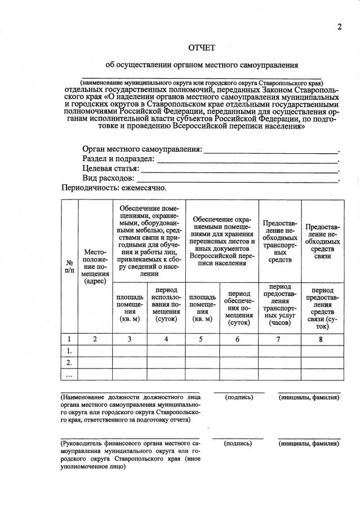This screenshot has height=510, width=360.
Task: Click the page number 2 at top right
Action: click(x=340, y=27)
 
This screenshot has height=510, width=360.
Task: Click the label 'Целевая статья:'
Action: click(x=110, y=168)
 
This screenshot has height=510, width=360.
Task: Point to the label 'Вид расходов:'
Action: click(x=108, y=178)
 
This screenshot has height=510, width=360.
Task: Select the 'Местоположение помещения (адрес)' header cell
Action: click(x=95, y=267)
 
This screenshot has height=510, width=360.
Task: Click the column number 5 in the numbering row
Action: click(x=202, y=339)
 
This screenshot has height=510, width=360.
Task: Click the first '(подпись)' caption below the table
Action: click(x=239, y=397)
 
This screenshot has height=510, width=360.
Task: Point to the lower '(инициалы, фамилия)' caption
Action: click(x=309, y=444)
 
